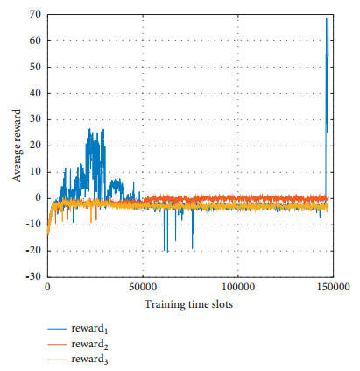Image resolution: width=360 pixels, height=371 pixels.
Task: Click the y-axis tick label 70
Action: coord(36,15)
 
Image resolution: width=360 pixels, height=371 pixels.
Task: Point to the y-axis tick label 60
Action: coord(36,41)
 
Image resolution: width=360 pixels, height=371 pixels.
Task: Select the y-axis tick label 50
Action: coord(36,67)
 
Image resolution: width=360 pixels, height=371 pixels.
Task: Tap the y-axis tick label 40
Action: coord(36,93)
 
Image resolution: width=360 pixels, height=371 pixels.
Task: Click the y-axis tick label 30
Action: coord(36,119)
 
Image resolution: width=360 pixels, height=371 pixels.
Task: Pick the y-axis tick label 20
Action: coord(36,146)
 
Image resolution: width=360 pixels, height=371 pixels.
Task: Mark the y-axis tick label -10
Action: coord(33,224)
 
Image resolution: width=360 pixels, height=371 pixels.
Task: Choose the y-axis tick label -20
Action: coord(33,250)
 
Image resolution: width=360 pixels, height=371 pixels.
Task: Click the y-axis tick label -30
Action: coord(33,276)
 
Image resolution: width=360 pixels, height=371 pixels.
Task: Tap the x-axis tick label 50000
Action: coord(142,287)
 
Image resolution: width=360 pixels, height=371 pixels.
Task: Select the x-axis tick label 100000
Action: coord(236,287)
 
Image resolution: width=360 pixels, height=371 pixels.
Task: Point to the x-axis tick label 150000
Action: coord(331,287)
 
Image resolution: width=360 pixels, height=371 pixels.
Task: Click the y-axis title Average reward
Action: coord(16,146)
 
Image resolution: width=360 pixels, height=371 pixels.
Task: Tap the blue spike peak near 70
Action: coord(327,18)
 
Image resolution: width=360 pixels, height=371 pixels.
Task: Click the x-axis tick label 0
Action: coord(47,287)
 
